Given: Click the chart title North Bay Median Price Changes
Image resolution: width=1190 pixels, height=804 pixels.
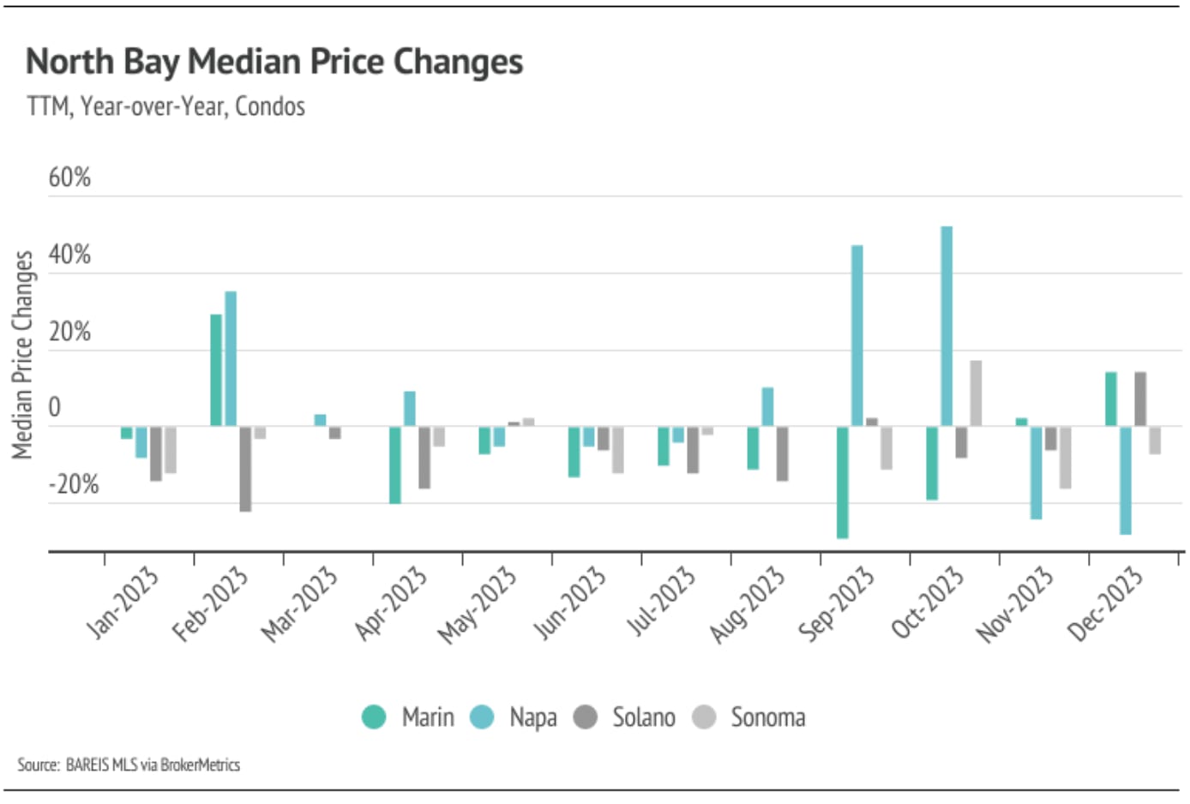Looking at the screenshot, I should (x=274, y=63).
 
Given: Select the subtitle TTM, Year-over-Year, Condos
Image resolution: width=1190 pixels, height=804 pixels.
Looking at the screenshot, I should (x=166, y=106).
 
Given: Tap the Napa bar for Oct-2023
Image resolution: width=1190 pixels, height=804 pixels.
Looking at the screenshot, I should (x=947, y=326).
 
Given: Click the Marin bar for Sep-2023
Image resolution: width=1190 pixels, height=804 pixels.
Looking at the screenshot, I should (x=843, y=482).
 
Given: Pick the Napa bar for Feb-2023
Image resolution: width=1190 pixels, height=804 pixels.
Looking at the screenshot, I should (x=231, y=358).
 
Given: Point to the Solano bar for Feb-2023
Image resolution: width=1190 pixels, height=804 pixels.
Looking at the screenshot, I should (x=246, y=468).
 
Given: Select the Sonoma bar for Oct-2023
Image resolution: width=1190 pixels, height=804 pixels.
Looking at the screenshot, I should (x=976, y=393).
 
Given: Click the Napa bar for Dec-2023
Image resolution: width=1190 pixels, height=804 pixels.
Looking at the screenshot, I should (x=1126, y=480).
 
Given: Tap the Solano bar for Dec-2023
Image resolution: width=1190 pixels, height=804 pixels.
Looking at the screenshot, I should (x=1140, y=399).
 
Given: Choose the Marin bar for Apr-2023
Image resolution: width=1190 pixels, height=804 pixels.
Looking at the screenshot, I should (x=395, y=465).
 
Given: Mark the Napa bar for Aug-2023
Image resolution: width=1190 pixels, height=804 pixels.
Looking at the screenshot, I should (x=768, y=406).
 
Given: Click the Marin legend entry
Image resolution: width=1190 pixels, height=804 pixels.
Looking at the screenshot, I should (x=408, y=717).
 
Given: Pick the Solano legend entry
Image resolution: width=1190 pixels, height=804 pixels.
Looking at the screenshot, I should (x=625, y=717).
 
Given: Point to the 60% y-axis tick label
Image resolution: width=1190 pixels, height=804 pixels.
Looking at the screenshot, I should (x=69, y=177).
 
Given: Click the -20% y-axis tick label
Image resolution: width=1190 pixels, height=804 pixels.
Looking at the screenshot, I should (x=74, y=484).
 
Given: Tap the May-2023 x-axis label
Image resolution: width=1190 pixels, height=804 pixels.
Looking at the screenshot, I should (x=478, y=604).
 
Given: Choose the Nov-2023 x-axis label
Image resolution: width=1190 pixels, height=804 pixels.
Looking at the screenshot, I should (x=1014, y=604).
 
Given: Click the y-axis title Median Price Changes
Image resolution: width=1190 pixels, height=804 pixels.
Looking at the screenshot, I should (x=22, y=354).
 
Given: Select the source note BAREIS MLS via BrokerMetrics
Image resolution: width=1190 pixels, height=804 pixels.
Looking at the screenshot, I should (x=129, y=765).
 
